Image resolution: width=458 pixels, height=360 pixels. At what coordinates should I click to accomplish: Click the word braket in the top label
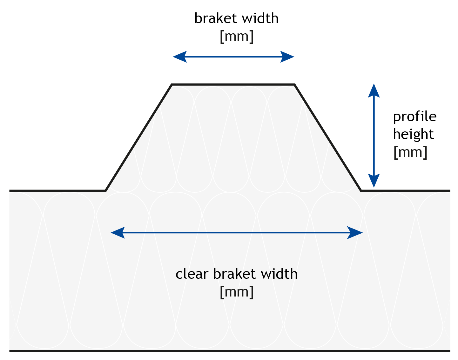[x=216, y=18]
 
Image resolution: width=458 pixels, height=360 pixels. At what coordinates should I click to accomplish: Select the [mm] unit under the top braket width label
[x=236, y=37]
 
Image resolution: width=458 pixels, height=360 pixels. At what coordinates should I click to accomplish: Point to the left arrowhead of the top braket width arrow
[x=180, y=57]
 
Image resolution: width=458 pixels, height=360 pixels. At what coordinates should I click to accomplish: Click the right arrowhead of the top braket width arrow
[x=287, y=57]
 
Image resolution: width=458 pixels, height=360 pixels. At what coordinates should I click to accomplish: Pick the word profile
[x=414, y=117]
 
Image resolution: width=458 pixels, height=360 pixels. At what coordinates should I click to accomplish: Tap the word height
[x=413, y=135]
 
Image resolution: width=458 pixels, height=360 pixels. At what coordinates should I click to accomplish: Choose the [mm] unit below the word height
[x=410, y=152]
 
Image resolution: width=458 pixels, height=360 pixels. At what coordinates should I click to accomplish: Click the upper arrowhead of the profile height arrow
[x=374, y=91]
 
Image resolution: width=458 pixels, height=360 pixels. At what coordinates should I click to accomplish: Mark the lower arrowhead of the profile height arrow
[x=374, y=181]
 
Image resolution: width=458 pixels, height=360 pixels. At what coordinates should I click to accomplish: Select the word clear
[x=192, y=274]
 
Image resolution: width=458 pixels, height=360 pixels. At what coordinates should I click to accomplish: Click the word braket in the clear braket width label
[x=234, y=274]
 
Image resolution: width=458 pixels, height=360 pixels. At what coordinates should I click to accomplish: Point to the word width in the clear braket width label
[x=279, y=274]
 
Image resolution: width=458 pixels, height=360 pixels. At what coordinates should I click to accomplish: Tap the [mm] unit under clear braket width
[x=236, y=292]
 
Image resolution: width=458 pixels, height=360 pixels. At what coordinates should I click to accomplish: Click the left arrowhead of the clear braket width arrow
[x=118, y=233]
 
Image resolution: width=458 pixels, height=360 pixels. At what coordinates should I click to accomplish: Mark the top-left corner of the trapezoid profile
[x=172, y=84]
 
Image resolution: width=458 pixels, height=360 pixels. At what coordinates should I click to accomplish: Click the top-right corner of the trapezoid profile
[x=294, y=84]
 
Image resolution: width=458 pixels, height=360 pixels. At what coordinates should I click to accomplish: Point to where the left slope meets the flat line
[x=106, y=191]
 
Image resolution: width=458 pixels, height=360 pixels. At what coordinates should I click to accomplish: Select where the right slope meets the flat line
[x=361, y=191]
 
